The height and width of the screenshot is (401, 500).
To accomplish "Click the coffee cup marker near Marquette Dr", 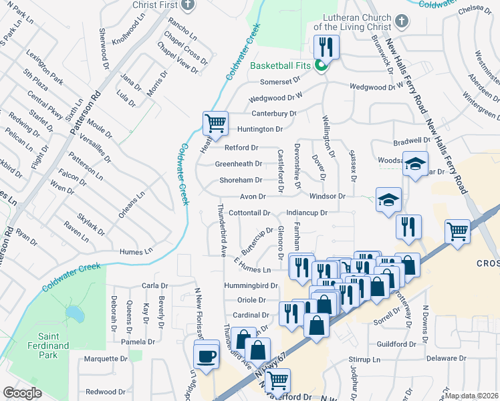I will [207, 354].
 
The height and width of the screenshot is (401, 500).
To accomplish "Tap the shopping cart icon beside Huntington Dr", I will [215, 124].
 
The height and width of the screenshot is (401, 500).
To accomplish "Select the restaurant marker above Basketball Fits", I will [327, 47].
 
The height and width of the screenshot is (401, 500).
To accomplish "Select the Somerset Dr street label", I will [280, 80].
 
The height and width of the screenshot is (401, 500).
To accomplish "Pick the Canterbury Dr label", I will [273, 114].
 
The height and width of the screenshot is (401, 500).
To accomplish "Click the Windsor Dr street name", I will [327, 196].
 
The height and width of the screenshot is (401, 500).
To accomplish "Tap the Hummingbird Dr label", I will [251, 285].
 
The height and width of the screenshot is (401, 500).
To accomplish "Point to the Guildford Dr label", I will [397, 344].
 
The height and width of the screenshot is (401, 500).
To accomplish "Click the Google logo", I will [22, 393].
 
